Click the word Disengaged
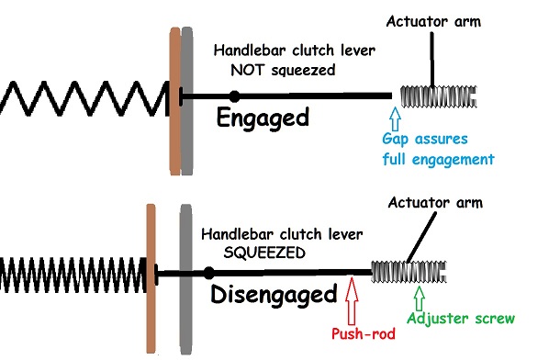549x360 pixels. [274, 296]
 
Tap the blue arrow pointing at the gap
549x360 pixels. [396, 119]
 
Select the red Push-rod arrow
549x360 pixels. [352, 301]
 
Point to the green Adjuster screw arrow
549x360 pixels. [420, 298]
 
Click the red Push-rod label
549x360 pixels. [363, 333]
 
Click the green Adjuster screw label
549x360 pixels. [461, 319]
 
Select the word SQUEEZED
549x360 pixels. [264, 253]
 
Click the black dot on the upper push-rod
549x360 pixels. [235, 96]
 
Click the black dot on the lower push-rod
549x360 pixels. [209, 273]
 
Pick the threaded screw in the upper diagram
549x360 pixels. [439, 96]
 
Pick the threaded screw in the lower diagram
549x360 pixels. [409, 272]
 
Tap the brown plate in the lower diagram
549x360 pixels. [151, 278]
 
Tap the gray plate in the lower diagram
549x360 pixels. [186, 279]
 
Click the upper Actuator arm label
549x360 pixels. [433, 22]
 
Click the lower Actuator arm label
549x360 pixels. [435, 203]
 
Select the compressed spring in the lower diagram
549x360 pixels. [73, 275]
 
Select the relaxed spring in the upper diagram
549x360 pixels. [84, 98]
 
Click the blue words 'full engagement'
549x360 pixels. [438, 160]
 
